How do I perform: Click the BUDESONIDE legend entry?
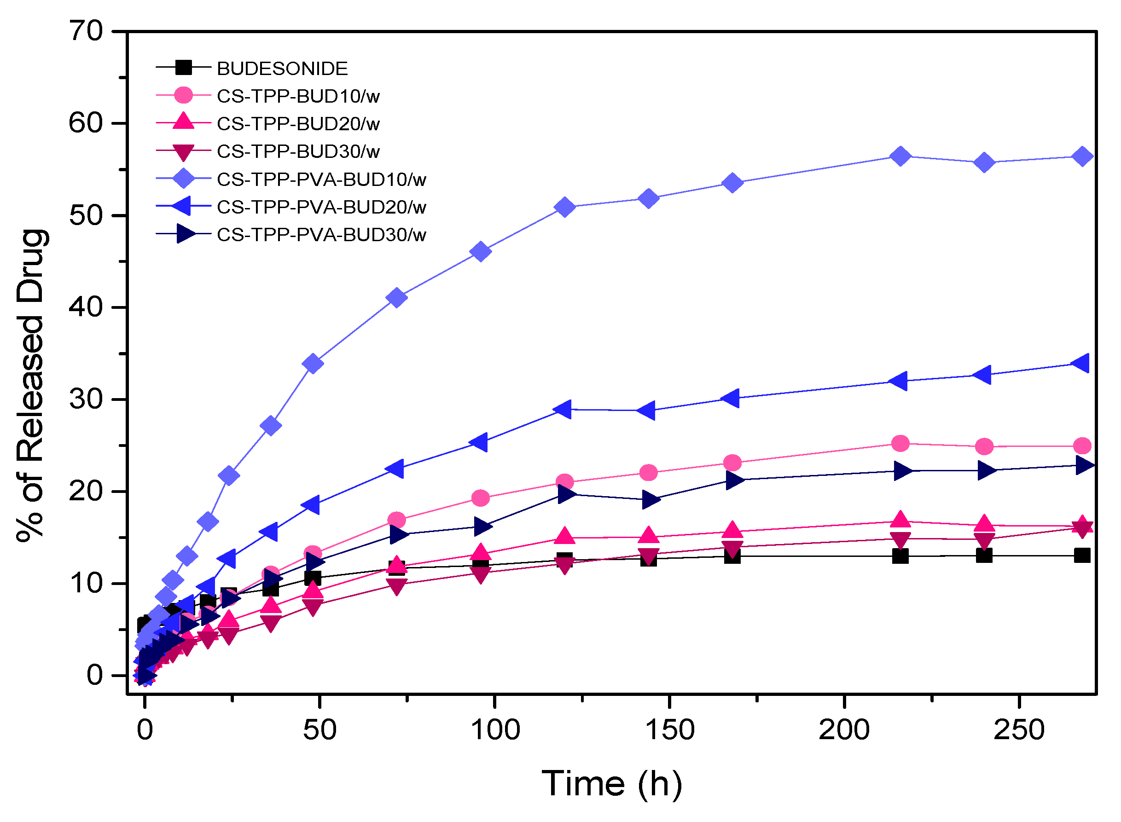pyautogui.click(x=282, y=69)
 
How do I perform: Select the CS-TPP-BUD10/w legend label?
pyautogui.click(x=298, y=96)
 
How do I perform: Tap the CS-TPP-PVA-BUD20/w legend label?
pyautogui.click(x=321, y=207)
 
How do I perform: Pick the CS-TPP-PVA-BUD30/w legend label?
pyautogui.click(x=321, y=235)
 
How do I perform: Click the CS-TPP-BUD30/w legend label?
pyautogui.click(x=298, y=152)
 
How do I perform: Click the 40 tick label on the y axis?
pyautogui.click(x=86, y=307)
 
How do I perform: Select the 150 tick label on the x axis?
pyautogui.click(x=669, y=730)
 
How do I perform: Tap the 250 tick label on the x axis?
pyautogui.click(x=1018, y=730)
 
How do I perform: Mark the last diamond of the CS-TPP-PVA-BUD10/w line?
pyautogui.click(x=1082, y=157)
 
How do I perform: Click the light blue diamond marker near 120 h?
pyautogui.click(x=564, y=207)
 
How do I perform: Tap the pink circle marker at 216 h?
pyautogui.click(x=900, y=443)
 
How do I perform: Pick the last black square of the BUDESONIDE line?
pyautogui.click(x=1082, y=556)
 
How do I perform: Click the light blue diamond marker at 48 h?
pyautogui.click(x=313, y=364)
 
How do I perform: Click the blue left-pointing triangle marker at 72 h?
pyautogui.click(x=396, y=468)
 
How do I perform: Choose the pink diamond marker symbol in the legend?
pyautogui.click(x=183, y=179)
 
